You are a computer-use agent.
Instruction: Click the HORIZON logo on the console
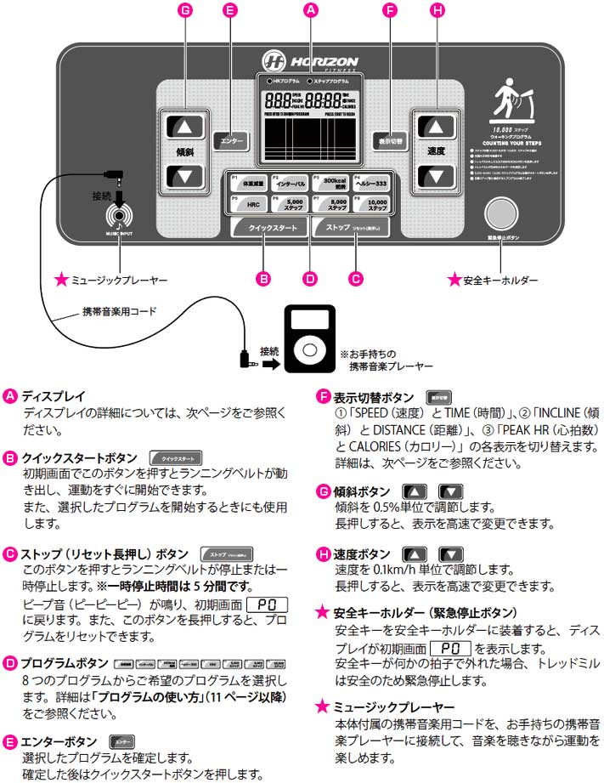tap(311, 61)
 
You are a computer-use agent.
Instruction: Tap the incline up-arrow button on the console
tap(186, 127)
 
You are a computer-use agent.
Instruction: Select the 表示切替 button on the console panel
tap(390, 139)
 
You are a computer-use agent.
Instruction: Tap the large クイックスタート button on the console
tap(267, 228)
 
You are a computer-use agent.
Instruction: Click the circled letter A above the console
tap(310, 10)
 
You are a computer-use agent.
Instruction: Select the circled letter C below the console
tap(357, 277)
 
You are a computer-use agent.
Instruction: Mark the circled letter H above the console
tap(437, 10)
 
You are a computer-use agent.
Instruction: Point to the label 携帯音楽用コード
tap(120, 311)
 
